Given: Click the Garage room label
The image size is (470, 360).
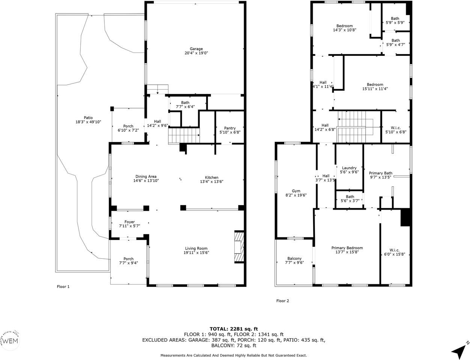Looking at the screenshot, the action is pyautogui.click(x=196, y=49).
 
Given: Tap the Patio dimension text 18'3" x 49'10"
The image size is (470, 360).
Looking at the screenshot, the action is pyautogui.click(x=88, y=122).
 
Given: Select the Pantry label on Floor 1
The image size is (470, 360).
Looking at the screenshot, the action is pyautogui.click(x=230, y=128).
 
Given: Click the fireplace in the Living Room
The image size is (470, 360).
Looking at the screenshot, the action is pyautogui.click(x=239, y=247).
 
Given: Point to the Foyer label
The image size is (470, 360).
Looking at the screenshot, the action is pyautogui.click(x=130, y=222).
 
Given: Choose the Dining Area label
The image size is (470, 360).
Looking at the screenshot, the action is pyautogui.click(x=146, y=176).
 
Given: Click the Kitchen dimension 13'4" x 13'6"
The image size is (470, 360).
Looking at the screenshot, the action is pyautogui.click(x=211, y=181).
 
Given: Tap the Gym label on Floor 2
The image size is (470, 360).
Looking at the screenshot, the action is pyautogui.click(x=296, y=191).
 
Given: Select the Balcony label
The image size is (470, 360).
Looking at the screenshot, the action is pyautogui.click(x=294, y=258).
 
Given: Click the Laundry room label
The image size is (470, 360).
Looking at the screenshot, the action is pyautogui.click(x=349, y=168).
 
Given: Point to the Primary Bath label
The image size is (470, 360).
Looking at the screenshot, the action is pyautogui.click(x=380, y=173).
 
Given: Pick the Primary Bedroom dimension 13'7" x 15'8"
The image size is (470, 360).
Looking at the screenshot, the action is pyautogui.click(x=347, y=252).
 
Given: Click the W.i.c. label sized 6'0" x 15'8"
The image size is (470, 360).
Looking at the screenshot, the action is pyautogui.click(x=395, y=250).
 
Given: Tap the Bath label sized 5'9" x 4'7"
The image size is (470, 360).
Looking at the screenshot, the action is pyautogui.click(x=395, y=40).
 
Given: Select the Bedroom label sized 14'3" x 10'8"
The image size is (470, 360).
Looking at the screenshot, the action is pyautogui.click(x=344, y=26).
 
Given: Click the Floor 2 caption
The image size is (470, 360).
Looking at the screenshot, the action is pyautogui.click(x=282, y=301).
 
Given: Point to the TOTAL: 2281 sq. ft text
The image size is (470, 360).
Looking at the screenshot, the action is pyautogui.click(x=233, y=329).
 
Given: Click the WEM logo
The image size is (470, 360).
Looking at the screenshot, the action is pyautogui.click(x=10, y=341).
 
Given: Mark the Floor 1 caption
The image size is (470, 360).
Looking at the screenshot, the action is pyautogui.click(x=63, y=286).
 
